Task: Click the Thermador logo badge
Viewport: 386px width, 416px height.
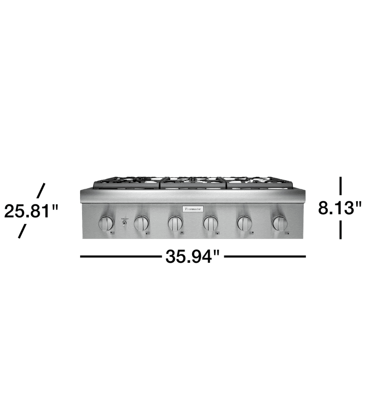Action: click(193, 209)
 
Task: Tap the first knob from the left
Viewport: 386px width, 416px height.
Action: click(106, 223)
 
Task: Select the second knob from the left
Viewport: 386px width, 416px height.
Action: click(141, 223)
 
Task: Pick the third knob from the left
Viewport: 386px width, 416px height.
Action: click(175, 223)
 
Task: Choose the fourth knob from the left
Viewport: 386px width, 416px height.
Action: click(210, 223)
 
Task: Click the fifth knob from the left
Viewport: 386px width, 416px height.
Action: click(245, 223)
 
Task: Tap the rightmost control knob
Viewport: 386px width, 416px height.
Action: click(280, 223)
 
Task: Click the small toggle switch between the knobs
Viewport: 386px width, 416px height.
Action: click(124, 223)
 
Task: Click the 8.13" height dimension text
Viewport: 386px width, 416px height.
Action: click(340, 208)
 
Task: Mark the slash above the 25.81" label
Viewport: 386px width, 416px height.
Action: click(41, 190)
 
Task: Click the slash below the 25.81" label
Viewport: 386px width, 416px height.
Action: click(21, 232)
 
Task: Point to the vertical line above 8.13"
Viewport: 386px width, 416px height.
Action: click(341, 185)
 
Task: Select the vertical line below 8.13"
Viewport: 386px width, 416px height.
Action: click(341, 230)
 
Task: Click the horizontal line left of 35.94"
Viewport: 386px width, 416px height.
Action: click(120, 256)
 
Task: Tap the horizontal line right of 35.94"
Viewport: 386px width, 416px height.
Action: click(265, 256)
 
